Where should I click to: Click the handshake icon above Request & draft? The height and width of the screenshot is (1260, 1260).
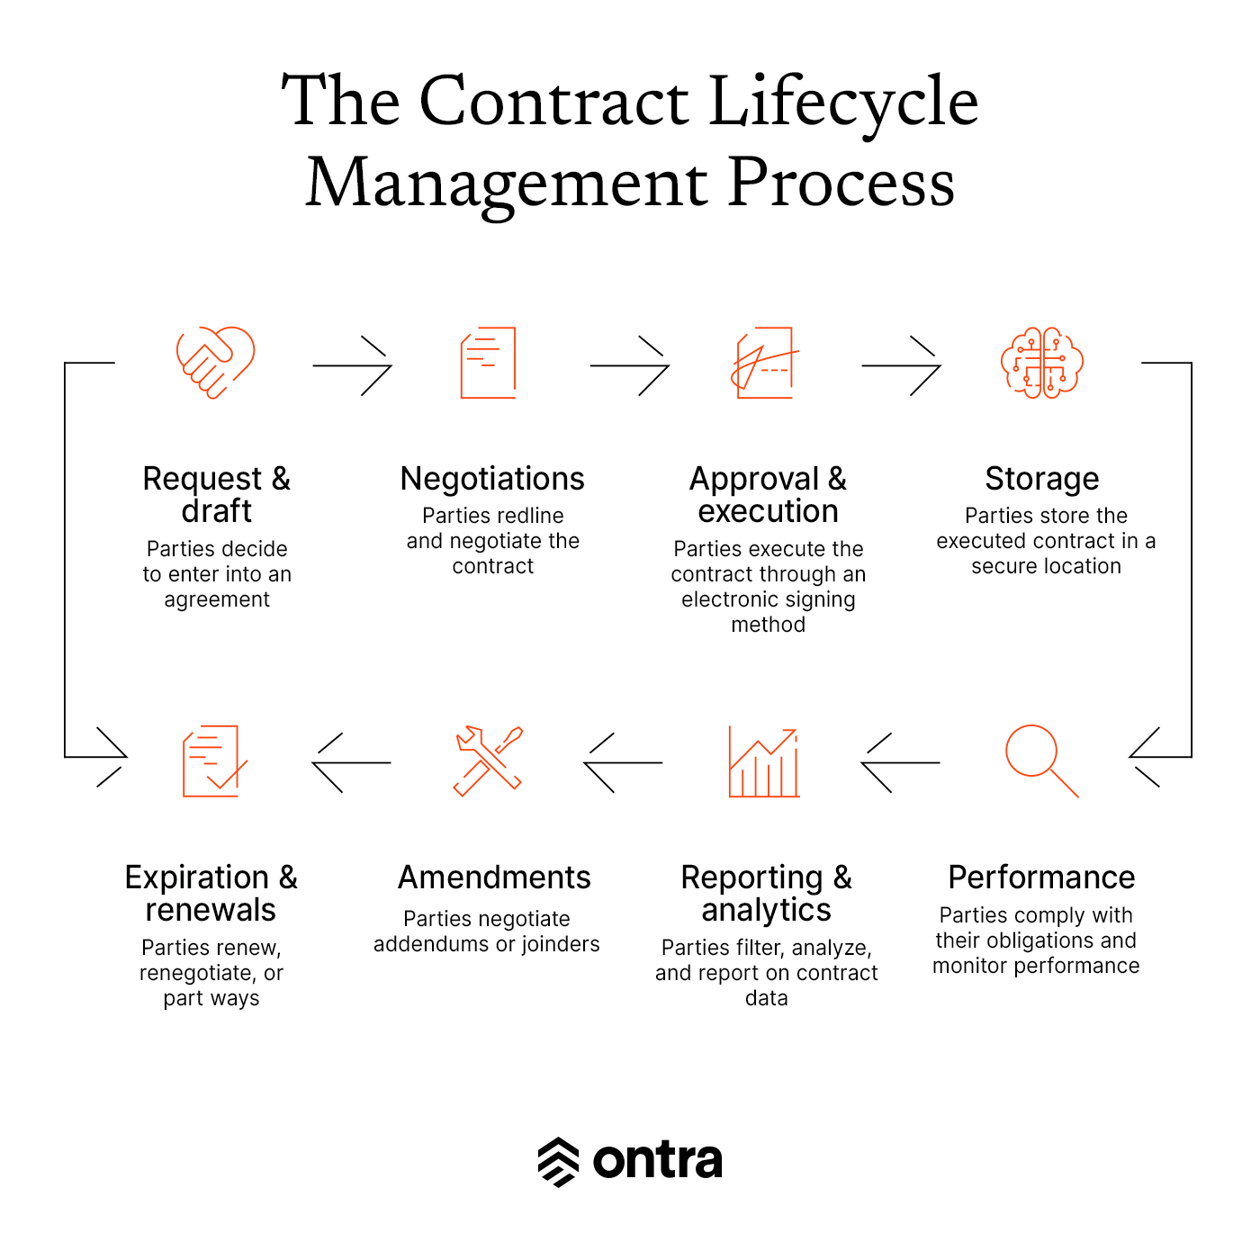click(215, 362)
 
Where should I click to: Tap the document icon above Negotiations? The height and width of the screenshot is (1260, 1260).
click(488, 362)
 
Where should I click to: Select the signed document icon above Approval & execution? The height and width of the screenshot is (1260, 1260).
click(764, 362)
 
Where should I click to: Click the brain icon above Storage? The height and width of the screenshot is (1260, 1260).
click(1041, 362)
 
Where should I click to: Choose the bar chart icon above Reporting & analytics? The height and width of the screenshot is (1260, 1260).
click(764, 761)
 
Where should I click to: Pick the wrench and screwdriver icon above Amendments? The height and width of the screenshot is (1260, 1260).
click(488, 761)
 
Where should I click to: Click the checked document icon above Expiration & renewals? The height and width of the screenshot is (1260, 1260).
click(214, 761)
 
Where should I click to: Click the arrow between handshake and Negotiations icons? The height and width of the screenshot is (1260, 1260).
click(352, 366)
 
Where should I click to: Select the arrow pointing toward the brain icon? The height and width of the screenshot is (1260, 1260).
click(901, 366)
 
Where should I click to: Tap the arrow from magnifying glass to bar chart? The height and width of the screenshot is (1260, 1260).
click(900, 762)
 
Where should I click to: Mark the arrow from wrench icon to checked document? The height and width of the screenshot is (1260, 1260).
click(351, 762)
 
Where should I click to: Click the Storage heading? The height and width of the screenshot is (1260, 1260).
click(1041, 479)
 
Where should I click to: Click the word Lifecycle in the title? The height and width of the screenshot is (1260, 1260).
click(842, 103)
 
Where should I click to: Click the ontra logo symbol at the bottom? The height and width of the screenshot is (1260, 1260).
click(558, 1162)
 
